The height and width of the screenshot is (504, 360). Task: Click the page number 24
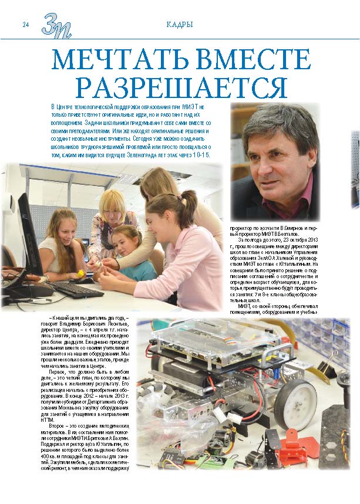tap(25, 25)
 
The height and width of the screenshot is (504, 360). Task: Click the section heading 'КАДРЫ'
tap(180, 25)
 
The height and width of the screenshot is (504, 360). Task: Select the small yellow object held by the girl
tap(78, 273)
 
